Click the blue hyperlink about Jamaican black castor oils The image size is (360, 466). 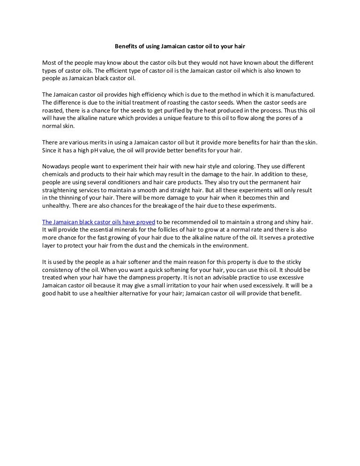[x=98, y=222]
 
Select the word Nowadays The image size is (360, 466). [x=56, y=166]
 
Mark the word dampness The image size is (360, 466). [x=140, y=278]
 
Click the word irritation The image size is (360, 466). [x=201, y=286]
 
